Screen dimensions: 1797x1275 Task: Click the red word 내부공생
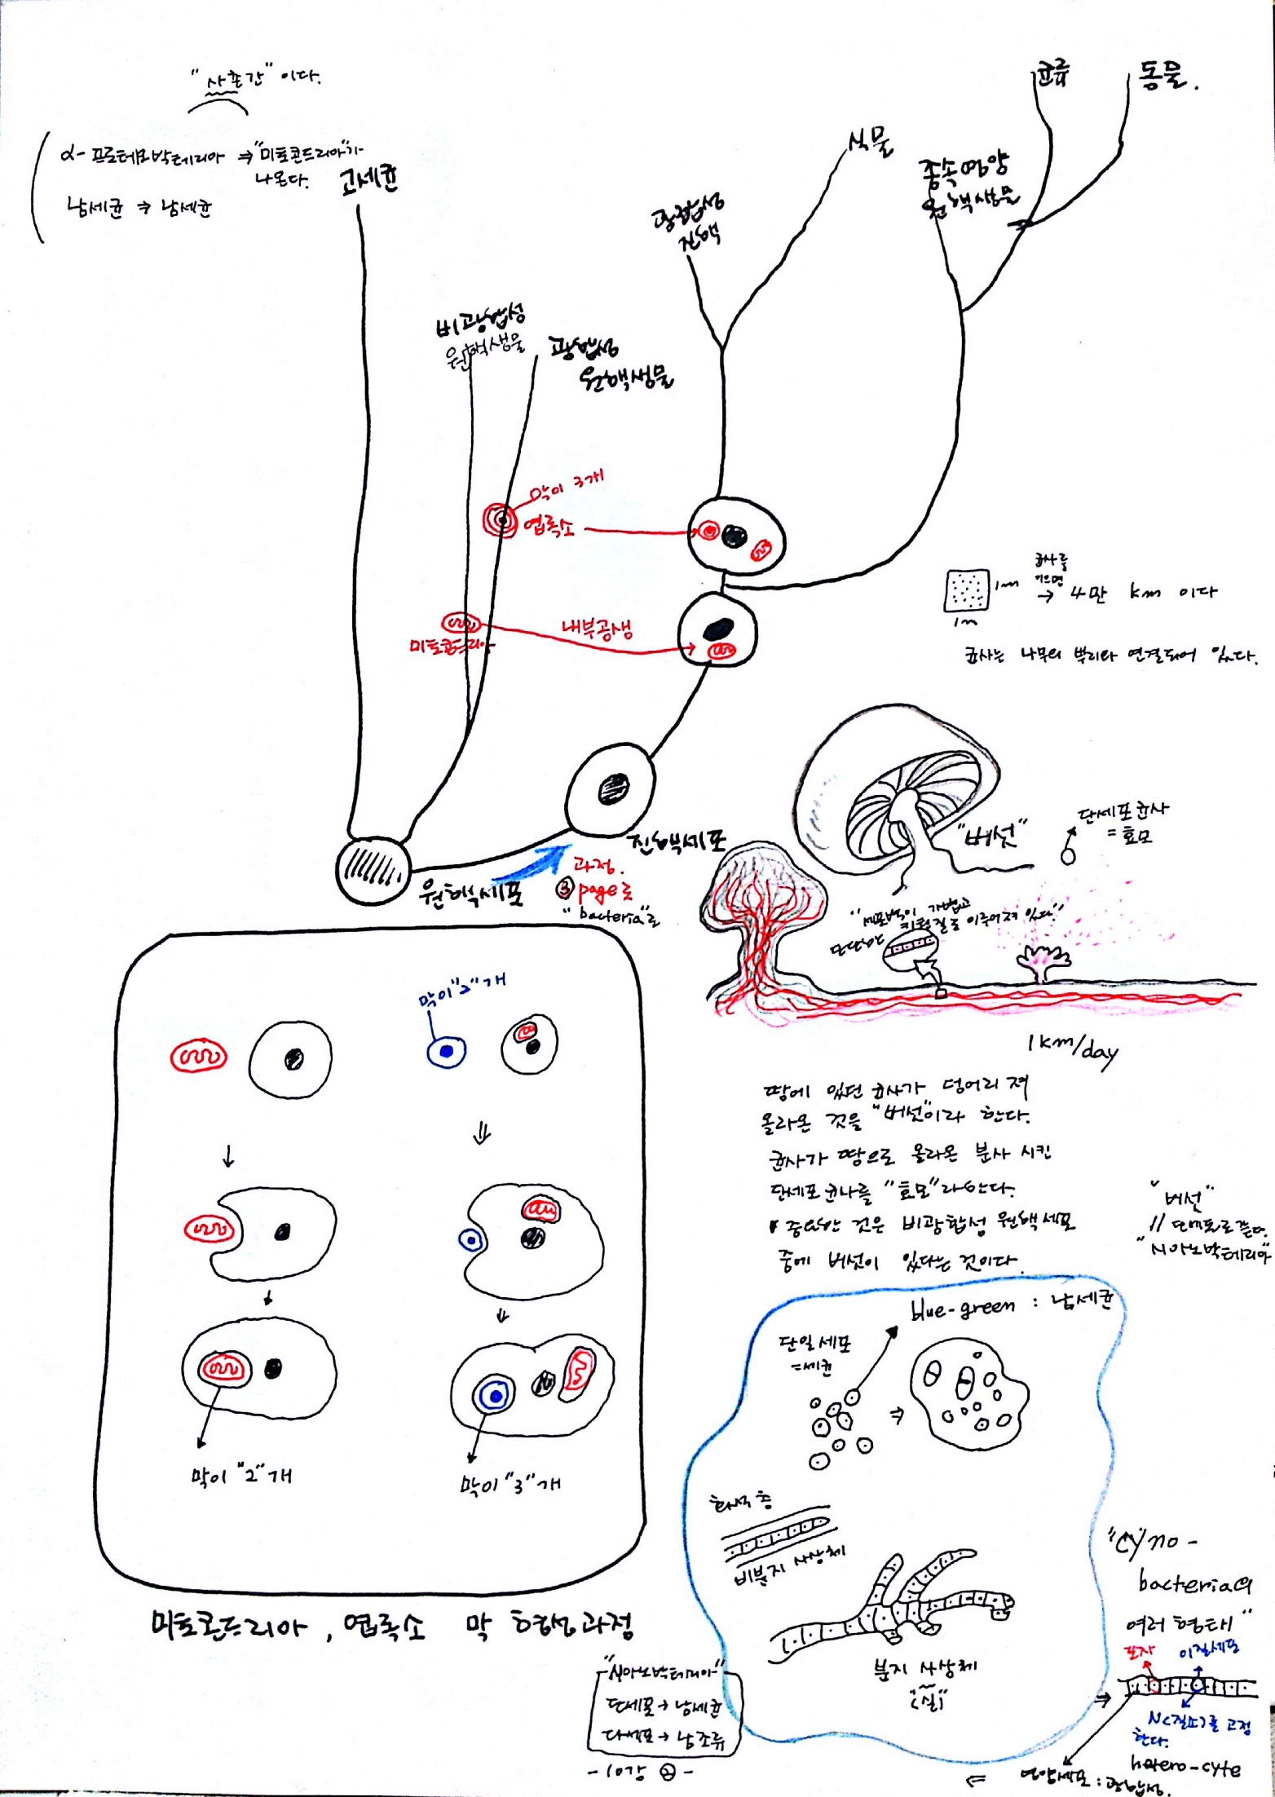pos(598,629)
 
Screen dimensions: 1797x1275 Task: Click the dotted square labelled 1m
pos(966,590)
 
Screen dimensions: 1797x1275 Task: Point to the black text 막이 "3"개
pos(510,1484)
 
